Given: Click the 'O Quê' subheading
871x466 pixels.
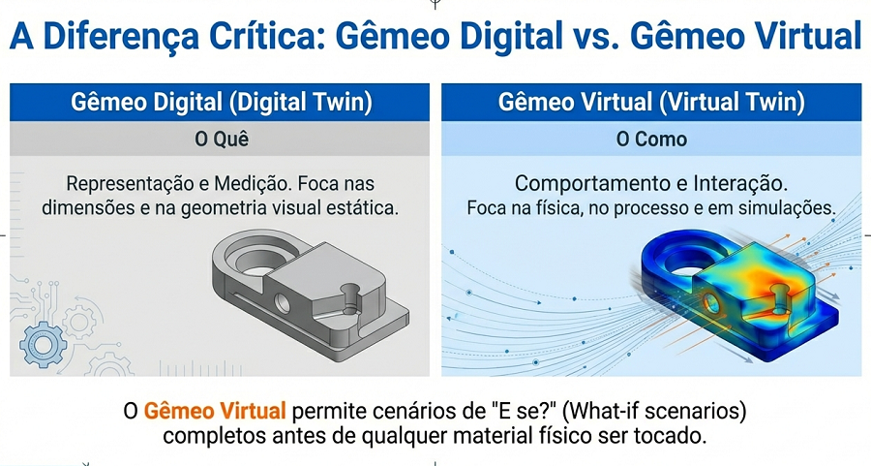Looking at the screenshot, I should click(x=221, y=140).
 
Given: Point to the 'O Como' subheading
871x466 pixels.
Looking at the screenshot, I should click(x=651, y=140).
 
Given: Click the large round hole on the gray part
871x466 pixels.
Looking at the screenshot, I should click(x=254, y=257).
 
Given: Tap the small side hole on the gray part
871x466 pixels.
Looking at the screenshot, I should click(x=282, y=301).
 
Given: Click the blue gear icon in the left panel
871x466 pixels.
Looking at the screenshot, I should click(x=40, y=342).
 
